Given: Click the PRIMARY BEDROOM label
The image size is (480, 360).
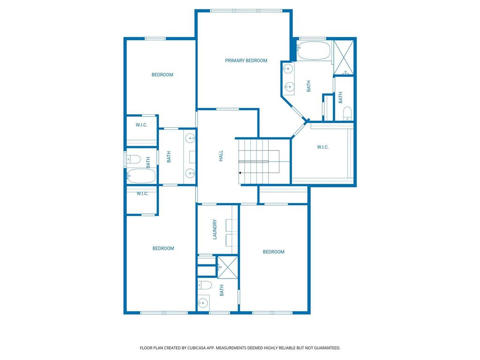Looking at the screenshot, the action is coord(246,60).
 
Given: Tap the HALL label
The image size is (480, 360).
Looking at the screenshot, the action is coord(221,156).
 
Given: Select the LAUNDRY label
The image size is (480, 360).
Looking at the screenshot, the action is coord(215,229).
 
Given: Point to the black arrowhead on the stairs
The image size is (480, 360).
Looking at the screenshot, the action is coord(240,173).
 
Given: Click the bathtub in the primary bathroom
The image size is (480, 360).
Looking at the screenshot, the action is coord(314,51).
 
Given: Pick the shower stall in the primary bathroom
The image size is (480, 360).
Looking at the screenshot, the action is coord(344,57).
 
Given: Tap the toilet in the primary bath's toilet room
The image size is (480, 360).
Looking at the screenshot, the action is coord(347,113).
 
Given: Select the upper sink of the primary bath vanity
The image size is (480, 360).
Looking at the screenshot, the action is coord(287,68).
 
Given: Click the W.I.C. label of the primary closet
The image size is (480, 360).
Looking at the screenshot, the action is coord(322,147).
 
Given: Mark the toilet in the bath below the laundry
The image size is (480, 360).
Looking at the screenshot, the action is coord(205,285).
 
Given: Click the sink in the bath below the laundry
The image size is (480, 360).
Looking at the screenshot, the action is coord(202,303).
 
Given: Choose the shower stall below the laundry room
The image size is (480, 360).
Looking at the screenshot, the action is coord(227,267).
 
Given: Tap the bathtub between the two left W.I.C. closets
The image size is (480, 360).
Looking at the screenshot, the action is coord(142,176).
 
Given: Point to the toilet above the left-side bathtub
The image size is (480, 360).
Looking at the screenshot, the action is coord(134,159).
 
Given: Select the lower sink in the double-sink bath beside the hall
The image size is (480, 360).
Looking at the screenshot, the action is coord(190,173).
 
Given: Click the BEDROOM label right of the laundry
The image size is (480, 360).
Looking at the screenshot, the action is coord(274,252).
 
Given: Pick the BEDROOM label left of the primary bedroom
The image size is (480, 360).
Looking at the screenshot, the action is coord(162,75).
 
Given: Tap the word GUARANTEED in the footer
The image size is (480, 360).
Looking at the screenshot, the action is coord(328,348).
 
